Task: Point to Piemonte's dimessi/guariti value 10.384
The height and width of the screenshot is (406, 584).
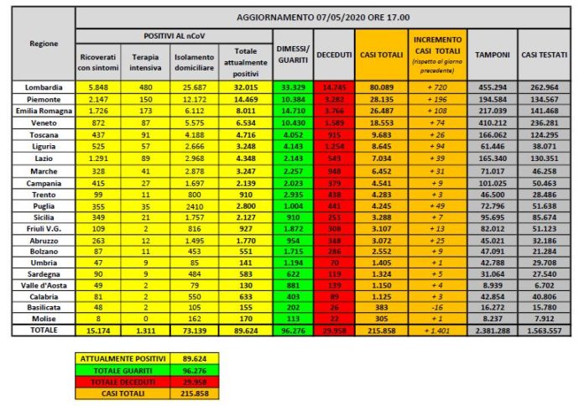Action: click(293, 99)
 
